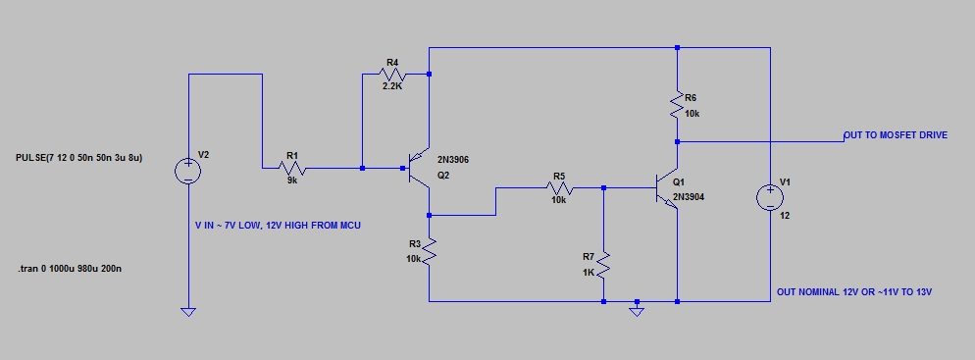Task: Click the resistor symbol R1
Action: pyautogui.click(x=291, y=168)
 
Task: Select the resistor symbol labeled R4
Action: pyautogui.click(x=392, y=75)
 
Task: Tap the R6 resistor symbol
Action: pyautogui.click(x=677, y=104)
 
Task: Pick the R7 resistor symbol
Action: pyautogui.click(x=604, y=265)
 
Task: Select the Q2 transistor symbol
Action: pyautogui.click(x=418, y=169)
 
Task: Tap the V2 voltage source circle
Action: pyautogui.click(x=187, y=171)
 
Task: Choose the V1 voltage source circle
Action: pyautogui.click(x=770, y=198)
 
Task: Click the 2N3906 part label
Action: pyautogui.click(x=453, y=160)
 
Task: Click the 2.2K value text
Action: pyautogui.click(x=393, y=87)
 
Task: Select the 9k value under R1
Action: pyautogui.click(x=292, y=180)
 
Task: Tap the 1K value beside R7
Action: pyautogui.click(x=589, y=272)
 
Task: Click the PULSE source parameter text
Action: pyautogui.click(x=79, y=158)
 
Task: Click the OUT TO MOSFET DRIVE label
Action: pyautogui.click(x=896, y=135)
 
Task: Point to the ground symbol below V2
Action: pyautogui.click(x=187, y=312)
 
